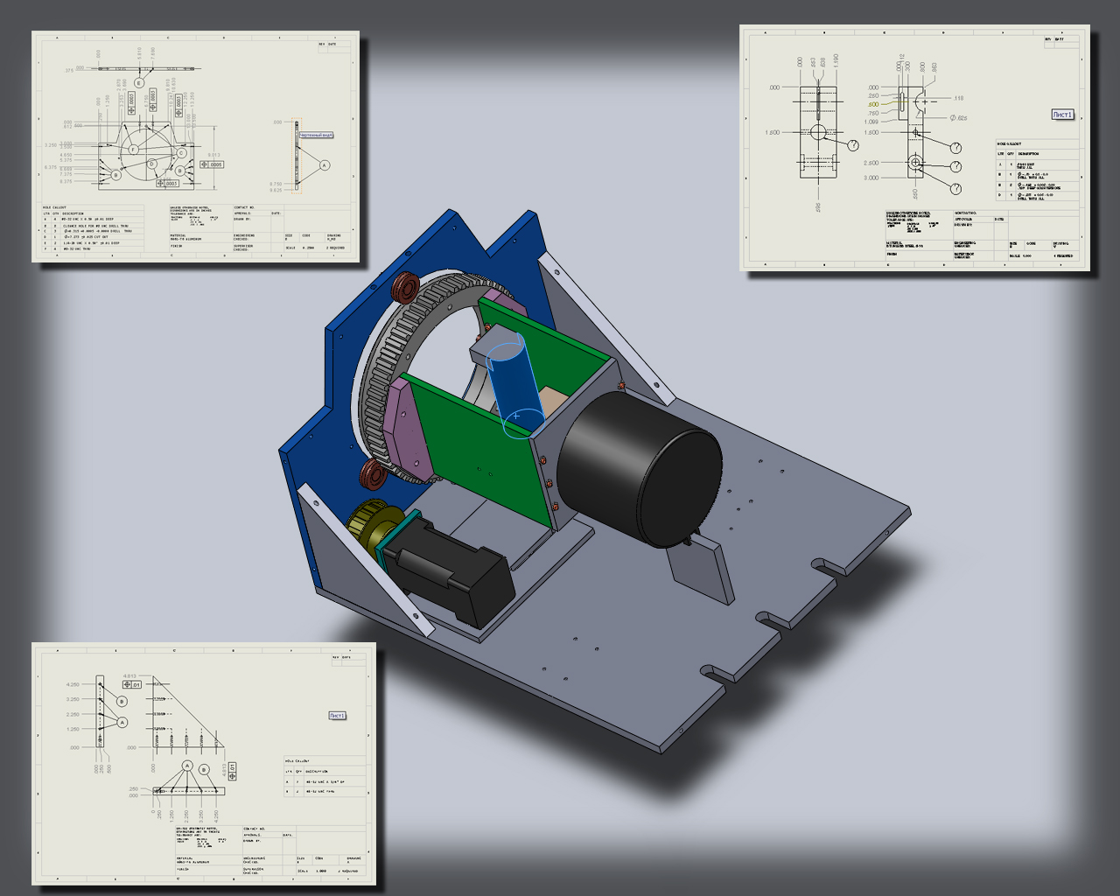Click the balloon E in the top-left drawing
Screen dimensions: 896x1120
coord(138,83)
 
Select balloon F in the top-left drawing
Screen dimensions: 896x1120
coord(133,150)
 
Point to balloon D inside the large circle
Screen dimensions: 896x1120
coord(151,164)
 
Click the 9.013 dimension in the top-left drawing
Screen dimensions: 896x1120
coord(214,156)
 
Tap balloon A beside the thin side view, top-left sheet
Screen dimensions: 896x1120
coord(325,164)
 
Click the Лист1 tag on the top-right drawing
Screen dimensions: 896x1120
coord(1062,115)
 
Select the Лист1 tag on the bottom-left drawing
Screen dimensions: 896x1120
coord(338,716)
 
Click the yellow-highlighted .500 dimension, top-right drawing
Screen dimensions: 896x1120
coord(873,104)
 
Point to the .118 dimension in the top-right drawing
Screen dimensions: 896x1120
coord(958,99)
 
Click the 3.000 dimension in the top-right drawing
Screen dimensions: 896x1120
coord(871,178)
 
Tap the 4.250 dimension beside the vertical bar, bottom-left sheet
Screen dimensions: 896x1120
coord(73,684)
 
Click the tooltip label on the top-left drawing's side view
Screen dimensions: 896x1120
coord(316,136)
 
